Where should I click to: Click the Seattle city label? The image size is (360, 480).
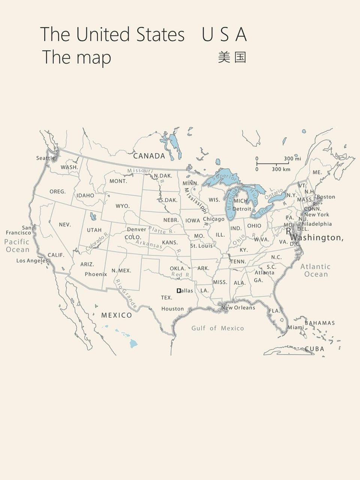(45, 158)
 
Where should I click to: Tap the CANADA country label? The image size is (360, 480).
(149, 156)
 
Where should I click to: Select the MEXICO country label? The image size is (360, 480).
(117, 315)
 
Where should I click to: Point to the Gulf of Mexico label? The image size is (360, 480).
(217, 328)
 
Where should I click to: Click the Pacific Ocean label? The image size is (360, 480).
(17, 246)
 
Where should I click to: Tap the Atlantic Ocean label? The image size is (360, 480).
(315, 270)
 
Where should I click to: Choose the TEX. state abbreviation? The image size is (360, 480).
(166, 298)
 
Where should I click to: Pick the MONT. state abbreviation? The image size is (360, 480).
(118, 181)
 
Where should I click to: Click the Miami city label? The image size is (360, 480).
(296, 327)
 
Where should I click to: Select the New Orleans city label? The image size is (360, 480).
(238, 308)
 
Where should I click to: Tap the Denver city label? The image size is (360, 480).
(136, 229)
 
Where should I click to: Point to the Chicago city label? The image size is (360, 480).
(213, 219)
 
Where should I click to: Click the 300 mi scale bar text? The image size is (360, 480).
(292, 159)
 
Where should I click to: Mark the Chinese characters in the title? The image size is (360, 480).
(232, 57)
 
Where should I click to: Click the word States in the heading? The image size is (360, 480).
(160, 34)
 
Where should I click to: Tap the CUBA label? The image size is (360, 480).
(314, 349)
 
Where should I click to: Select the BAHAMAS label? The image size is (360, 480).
(319, 323)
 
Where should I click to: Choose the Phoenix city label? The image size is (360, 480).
(96, 274)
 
